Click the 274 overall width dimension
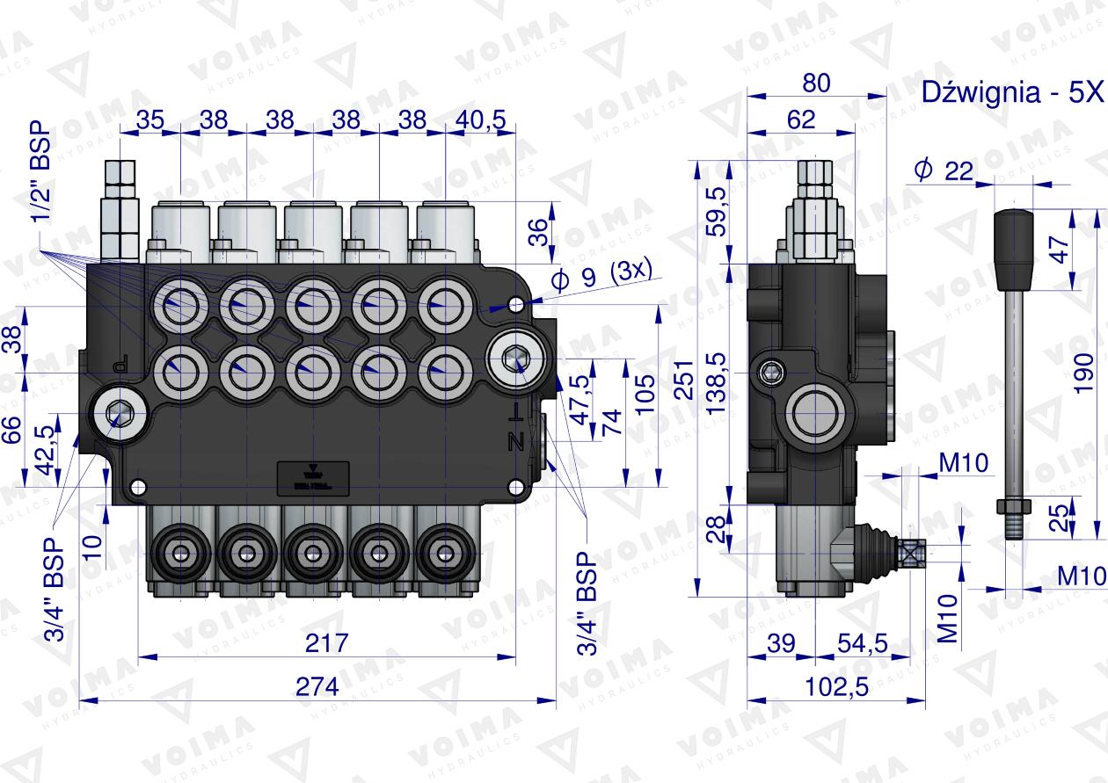coord(317,686)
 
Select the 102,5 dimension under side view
coord(836,686)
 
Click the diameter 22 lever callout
coord(944,170)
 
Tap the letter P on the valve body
coord(122,362)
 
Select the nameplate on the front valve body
coord(313,477)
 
